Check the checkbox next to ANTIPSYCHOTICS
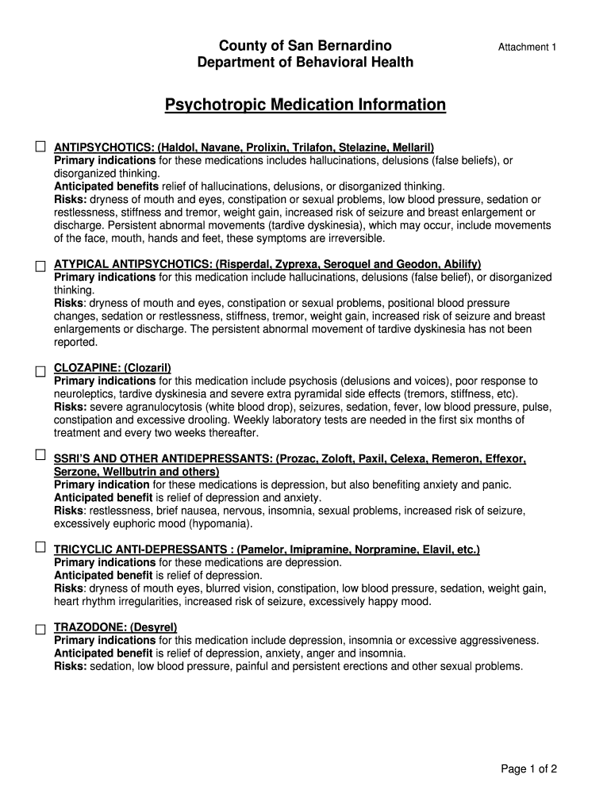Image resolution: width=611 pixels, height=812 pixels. pos(40,147)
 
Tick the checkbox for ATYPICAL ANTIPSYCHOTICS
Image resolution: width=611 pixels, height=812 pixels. pos(40,266)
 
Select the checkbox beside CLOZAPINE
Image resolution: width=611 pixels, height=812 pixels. pos(40,371)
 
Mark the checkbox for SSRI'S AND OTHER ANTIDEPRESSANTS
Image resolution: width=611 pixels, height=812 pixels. pos(40,454)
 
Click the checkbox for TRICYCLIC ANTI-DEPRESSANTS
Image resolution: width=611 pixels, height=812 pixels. pos(40,546)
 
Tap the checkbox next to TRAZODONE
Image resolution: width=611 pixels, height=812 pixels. pos(40,630)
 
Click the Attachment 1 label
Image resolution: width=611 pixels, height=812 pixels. pos(527,48)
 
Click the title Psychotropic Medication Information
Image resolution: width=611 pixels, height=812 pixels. pos(305,105)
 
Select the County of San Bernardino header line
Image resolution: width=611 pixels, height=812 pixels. pos(305,45)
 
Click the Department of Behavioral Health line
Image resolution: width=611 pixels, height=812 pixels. pos(305,62)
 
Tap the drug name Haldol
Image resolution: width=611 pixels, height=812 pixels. pos(178,147)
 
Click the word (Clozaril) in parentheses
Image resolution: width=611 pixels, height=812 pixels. pos(148,368)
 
